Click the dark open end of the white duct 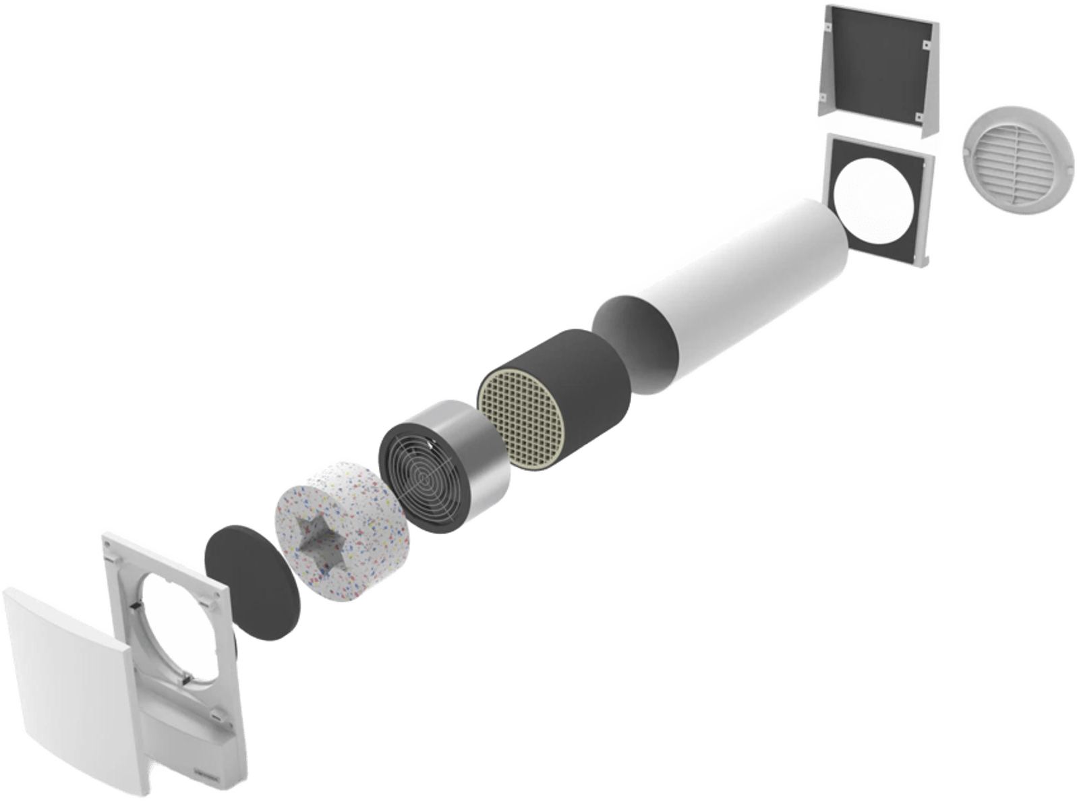pos(634,344)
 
